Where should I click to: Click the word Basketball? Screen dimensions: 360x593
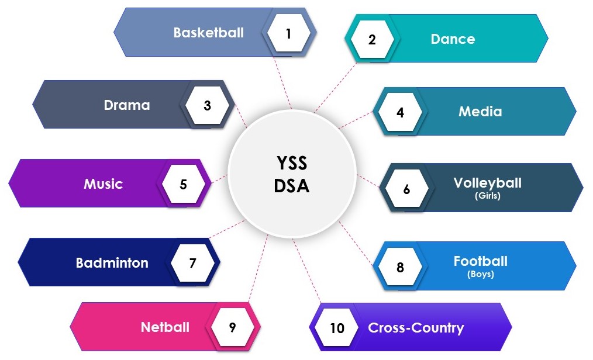coord(208,32)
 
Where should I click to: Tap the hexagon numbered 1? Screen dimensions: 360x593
coord(288,33)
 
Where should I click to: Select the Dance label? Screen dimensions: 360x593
coord(453,39)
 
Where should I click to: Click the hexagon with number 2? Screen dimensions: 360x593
coord(372,40)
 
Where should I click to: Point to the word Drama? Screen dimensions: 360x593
coord(127,105)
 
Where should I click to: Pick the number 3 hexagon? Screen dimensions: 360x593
coord(207,106)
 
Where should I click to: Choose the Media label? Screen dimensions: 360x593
coord(480,111)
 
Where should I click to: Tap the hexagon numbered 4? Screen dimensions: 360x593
coord(400,112)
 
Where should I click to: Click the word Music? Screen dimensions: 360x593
coord(103,184)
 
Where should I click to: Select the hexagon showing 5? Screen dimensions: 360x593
coord(183,185)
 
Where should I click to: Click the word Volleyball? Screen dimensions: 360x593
coord(487,183)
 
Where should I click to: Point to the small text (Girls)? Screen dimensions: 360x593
coord(487,196)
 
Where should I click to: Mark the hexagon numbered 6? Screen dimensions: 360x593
coord(406,189)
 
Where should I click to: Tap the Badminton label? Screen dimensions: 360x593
coord(112,263)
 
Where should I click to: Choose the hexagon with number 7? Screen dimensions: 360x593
coord(192,263)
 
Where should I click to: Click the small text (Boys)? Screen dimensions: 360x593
coord(480,274)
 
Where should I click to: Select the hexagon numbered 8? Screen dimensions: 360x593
coord(400,268)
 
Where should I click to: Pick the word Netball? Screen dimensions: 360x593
coord(165,327)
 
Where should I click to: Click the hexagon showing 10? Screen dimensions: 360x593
coord(337,328)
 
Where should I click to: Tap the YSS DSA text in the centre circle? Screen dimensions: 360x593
coord(291,174)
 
